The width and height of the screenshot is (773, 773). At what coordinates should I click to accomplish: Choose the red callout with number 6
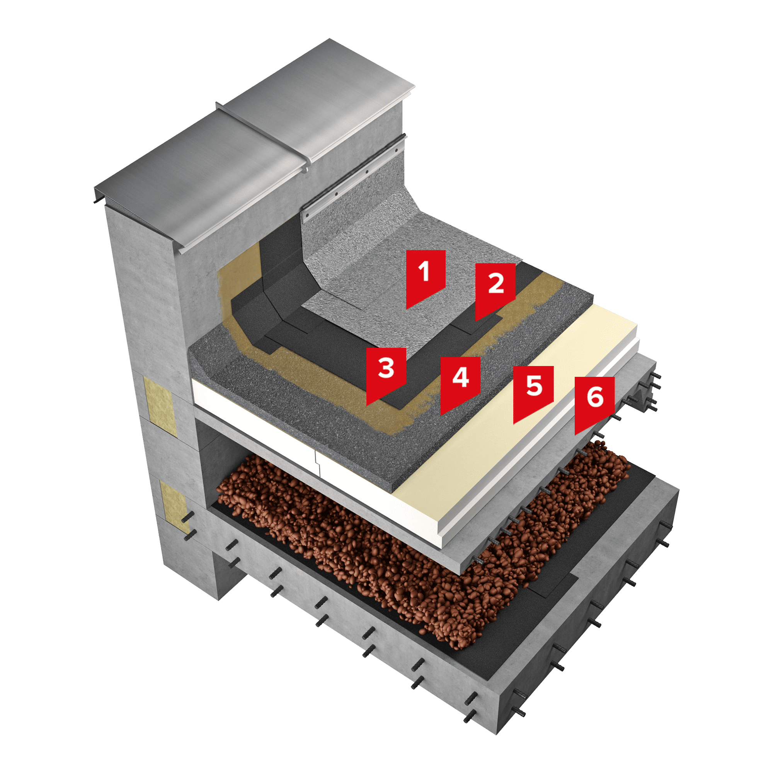(594, 402)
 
